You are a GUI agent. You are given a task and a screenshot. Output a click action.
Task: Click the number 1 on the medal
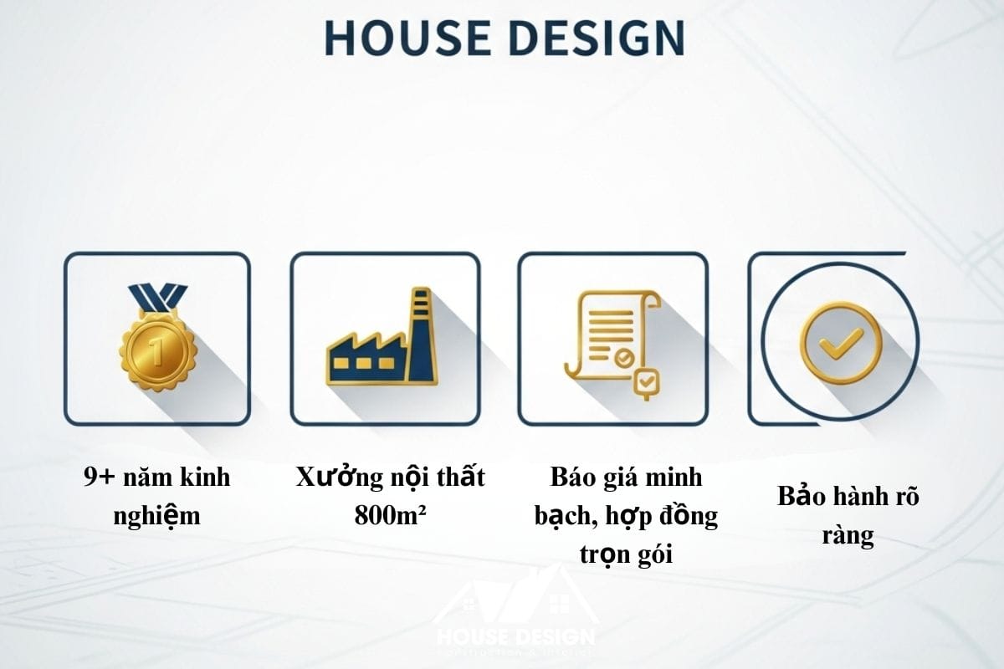click(156, 345)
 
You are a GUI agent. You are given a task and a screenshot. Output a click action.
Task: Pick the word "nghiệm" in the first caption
click(156, 516)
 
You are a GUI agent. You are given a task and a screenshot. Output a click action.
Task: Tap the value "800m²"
click(390, 515)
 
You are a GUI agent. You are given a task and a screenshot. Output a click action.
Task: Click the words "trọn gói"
click(626, 553)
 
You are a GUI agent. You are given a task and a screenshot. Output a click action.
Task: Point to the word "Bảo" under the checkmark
click(802, 497)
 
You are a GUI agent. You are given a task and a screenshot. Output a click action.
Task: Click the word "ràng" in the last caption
click(848, 534)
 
